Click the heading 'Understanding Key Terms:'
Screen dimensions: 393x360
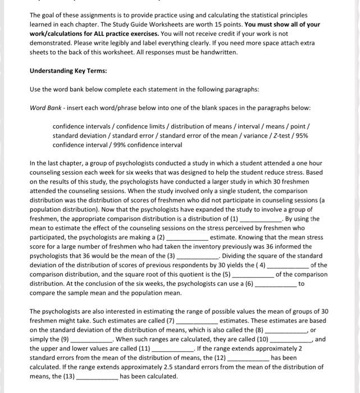68,71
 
